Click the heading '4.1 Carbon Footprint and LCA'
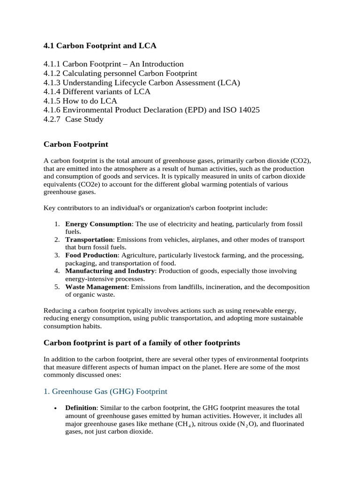point(100,45)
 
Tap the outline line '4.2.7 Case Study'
point(74,119)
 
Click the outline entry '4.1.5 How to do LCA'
point(80,101)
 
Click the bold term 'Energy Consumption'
point(98,224)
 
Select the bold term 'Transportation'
point(89,240)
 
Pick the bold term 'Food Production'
point(91,255)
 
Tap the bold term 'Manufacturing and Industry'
point(110,271)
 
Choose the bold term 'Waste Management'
point(96,286)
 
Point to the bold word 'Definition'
point(81,408)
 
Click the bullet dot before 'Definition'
point(55,408)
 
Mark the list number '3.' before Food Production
point(57,255)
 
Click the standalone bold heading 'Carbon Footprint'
point(75,144)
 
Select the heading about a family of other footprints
point(142,343)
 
